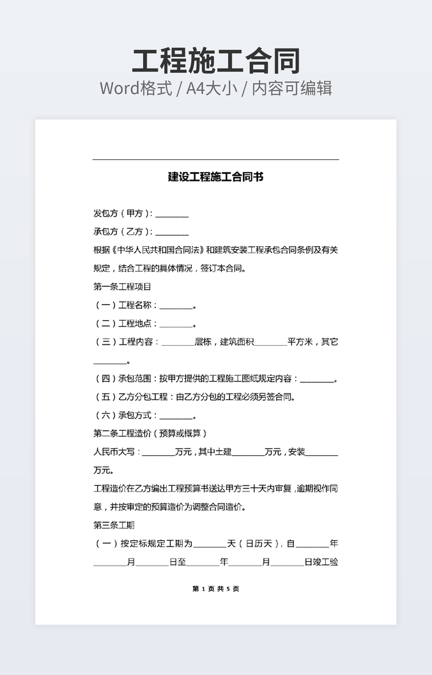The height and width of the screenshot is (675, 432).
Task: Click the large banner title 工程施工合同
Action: [x=215, y=61]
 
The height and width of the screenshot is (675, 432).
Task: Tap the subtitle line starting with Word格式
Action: [x=215, y=88]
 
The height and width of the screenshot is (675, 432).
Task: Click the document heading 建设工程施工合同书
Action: [x=215, y=177]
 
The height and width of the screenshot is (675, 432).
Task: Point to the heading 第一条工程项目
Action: [x=122, y=287]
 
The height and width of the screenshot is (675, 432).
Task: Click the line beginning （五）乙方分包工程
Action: [x=195, y=397]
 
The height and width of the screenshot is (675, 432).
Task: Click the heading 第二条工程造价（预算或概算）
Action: [x=150, y=433]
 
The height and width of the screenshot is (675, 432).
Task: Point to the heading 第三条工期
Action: [x=114, y=525]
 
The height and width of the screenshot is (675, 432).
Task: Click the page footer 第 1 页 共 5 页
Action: [x=215, y=589]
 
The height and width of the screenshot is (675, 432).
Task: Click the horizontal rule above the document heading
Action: [x=215, y=159]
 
